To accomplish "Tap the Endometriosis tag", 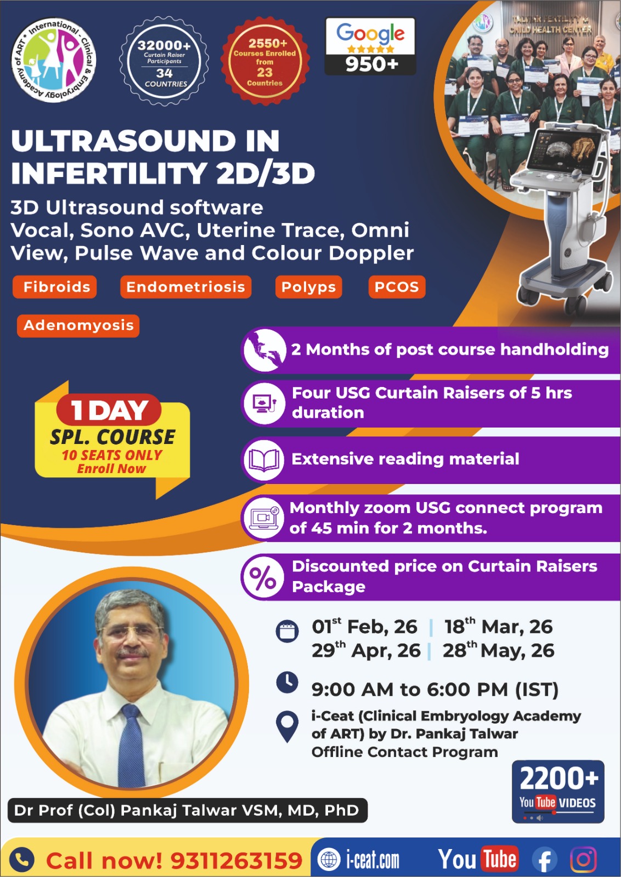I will (x=185, y=287).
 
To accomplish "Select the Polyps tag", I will (x=308, y=287).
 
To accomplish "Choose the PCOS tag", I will (x=396, y=287).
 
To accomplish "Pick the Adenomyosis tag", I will (x=78, y=325).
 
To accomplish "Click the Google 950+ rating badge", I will (x=370, y=47).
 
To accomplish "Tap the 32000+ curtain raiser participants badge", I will (x=164, y=61).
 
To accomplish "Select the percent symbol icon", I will (x=263, y=577).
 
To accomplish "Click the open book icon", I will (x=264, y=460).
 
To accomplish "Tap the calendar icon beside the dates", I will (x=287, y=631).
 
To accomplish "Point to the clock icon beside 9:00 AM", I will (x=287, y=682).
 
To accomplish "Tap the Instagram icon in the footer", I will (x=583, y=859).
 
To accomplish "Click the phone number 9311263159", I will (x=236, y=861).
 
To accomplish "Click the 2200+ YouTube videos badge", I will (x=558, y=791).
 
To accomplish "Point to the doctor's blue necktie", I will (x=132, y=745).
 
